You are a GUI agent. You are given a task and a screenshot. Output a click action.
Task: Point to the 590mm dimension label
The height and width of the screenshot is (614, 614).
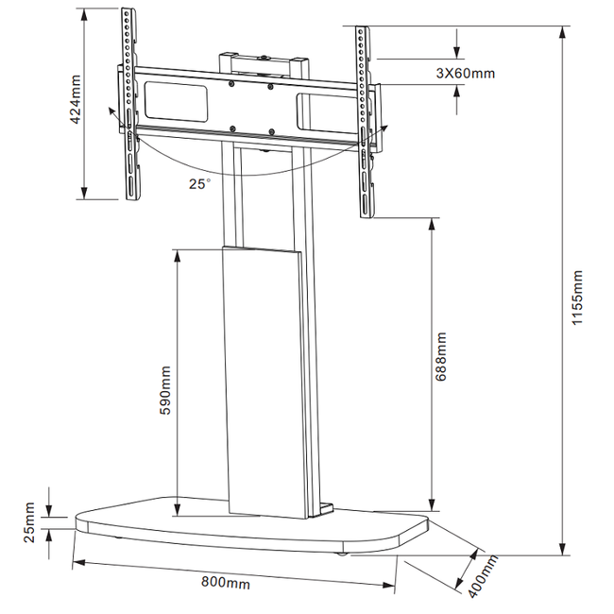tap(166, 384)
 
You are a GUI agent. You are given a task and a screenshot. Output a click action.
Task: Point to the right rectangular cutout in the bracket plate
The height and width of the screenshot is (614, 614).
tap(326, 109)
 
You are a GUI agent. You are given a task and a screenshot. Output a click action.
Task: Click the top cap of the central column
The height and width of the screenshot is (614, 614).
tap(264, 57)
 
